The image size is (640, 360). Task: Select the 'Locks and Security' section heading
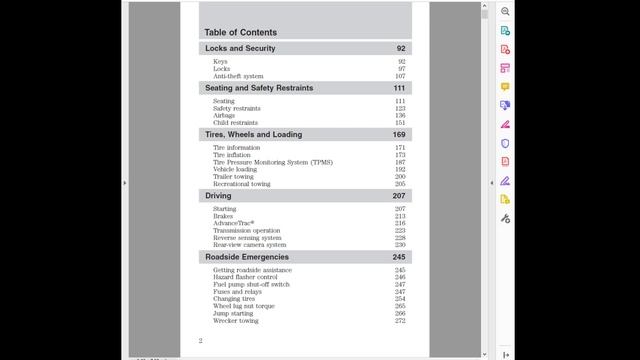240,48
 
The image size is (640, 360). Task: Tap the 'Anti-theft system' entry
238,76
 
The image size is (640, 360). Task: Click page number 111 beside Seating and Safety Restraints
399,88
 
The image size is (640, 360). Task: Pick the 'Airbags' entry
225,115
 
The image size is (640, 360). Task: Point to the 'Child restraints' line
235,123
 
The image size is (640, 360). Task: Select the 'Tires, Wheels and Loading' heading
253,134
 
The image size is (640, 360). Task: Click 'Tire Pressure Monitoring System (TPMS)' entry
272,162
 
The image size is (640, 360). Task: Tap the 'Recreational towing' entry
241,184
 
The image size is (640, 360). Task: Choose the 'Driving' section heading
218,196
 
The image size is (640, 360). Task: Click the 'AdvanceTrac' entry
234,223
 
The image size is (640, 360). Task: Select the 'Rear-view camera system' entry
249,245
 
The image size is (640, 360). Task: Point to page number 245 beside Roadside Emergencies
399,257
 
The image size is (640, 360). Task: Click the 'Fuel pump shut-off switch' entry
251,285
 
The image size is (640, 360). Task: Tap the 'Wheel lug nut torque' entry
243,306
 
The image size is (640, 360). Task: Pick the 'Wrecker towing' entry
235,321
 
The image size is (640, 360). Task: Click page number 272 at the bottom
400,321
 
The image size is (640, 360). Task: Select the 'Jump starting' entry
232,313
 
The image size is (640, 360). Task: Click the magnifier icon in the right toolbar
505,11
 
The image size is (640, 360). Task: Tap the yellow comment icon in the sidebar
505,86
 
